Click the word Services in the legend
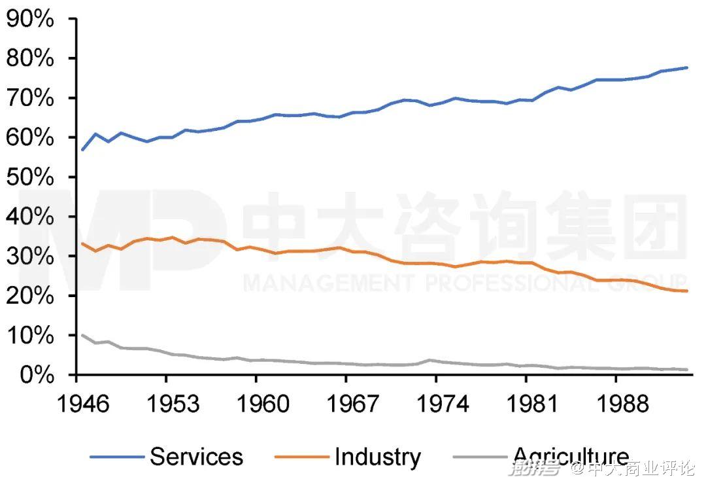tap(196, 456)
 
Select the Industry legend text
tap(377, 456)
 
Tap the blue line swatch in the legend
tap(116, 457)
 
